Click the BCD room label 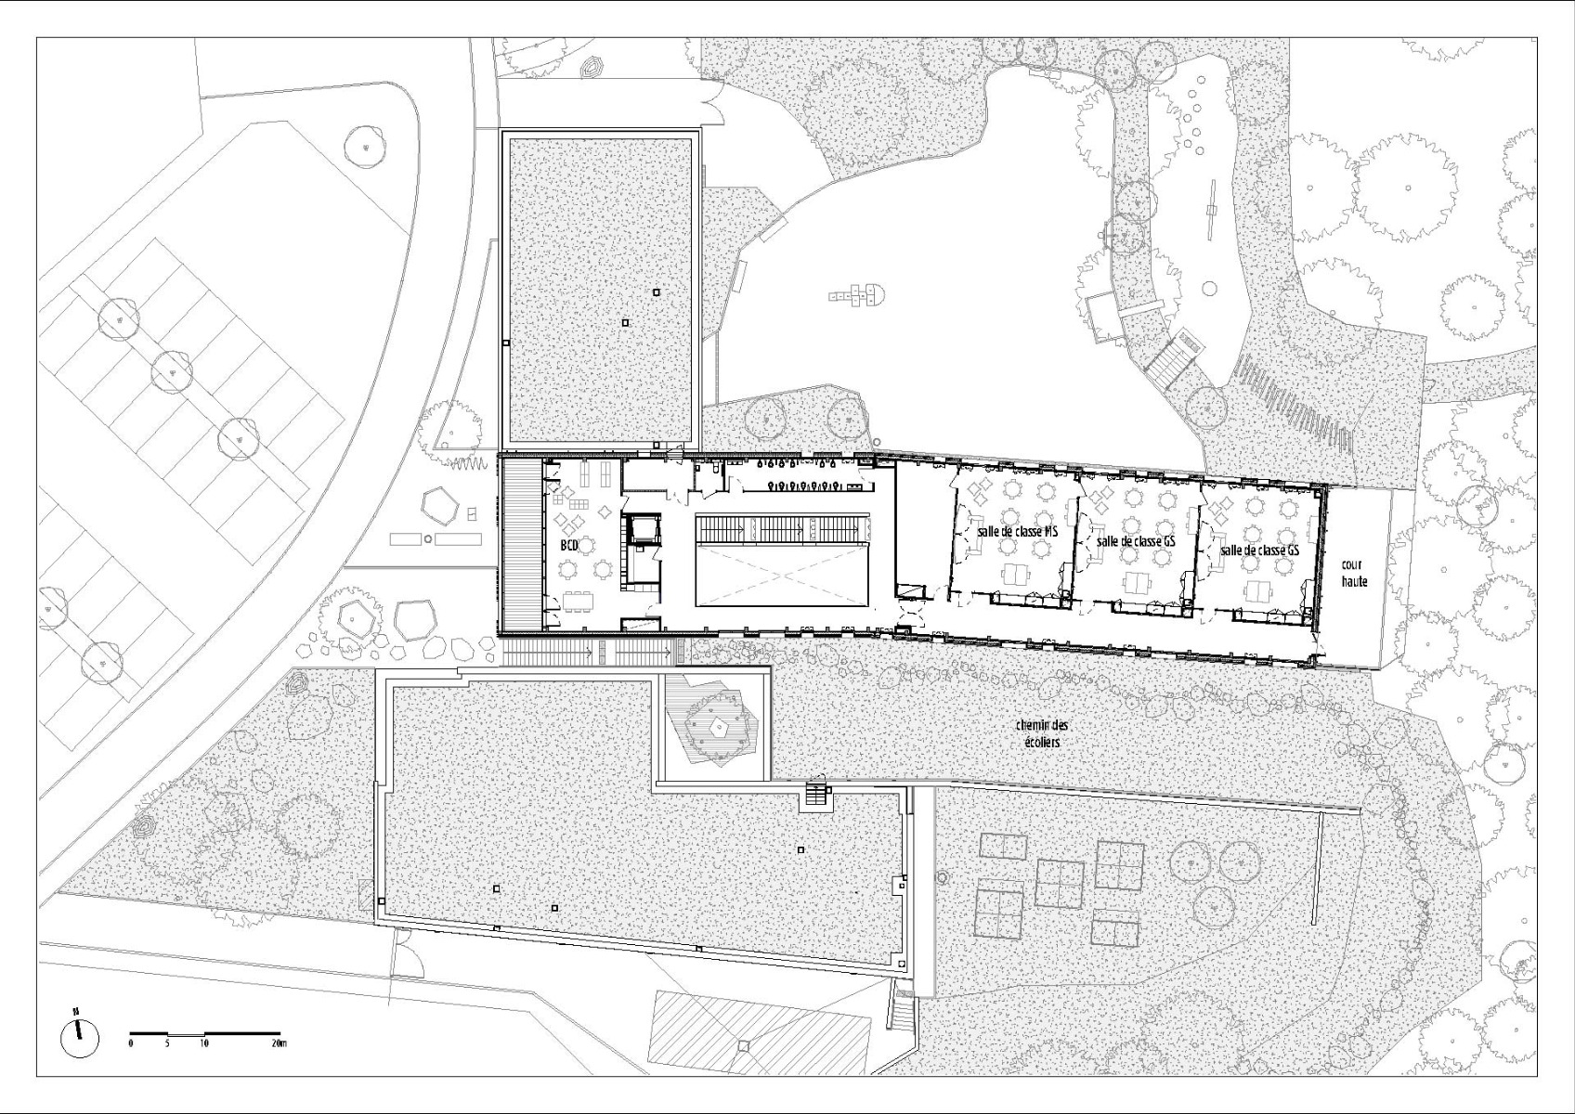(569, 545)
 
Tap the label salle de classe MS (1018, 531)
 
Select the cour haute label (1354, 572)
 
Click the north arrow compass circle (80, 1037)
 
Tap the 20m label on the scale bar (279, 1043)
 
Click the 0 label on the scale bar (131, 1043)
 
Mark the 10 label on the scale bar (203, 1043)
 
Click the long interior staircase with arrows (782, 529)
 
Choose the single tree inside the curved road (365, 145)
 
